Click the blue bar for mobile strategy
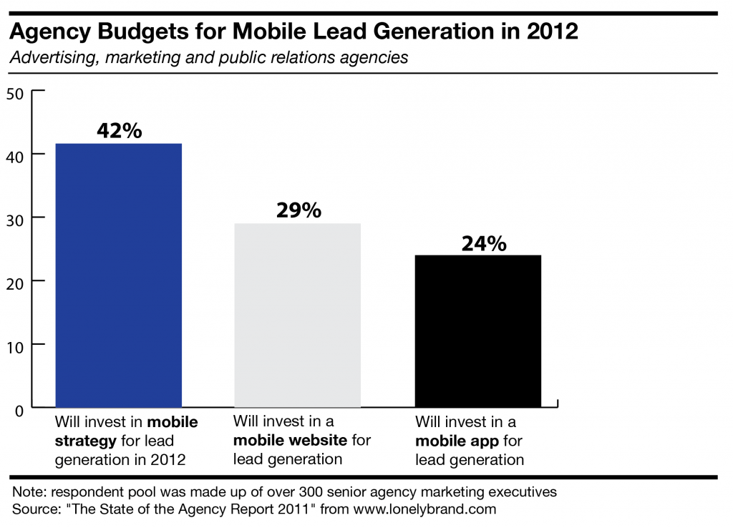(x=119, y=275)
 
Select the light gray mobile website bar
(x=297, y=316)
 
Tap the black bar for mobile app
(x=478, y=331)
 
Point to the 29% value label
(x=298, y=211)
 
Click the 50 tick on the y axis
(x=15, y=92)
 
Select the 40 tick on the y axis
(x=15, y=155)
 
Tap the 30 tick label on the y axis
(x=15, y=218)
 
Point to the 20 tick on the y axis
(x=15, y=282)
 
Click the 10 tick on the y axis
(x=15, y=346)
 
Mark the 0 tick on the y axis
(x=19, y=409)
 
